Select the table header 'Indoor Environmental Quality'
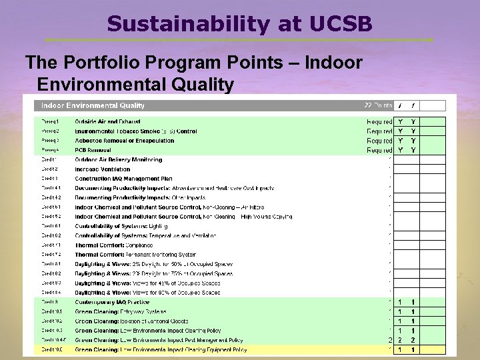(x=93, y=105)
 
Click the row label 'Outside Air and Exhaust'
(x=107, y=121)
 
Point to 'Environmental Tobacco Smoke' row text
(x=136, y=131)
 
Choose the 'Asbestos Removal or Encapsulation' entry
(x=125, y=141)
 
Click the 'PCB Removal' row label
(x=93, y=150)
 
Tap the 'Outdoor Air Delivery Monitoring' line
(x=119, y=160)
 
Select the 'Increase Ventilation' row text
(x=103, y=169)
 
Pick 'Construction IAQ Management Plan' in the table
(x=123, y=179)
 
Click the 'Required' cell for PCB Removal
(x=379, y=150)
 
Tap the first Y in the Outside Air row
(x=400, y=121)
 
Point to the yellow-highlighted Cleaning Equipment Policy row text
(x=161, y=349)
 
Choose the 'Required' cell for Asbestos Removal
(x=379, y=141)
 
